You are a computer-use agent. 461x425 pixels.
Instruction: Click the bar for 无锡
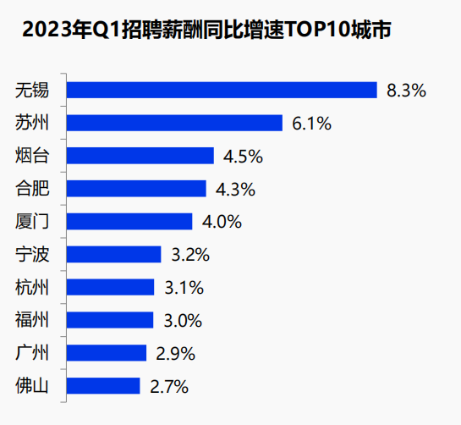point(222,90)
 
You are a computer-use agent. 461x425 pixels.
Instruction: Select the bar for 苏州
point(174,123)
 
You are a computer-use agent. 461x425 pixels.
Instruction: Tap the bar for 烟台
point(140,156)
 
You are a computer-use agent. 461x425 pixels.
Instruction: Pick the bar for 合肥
point(136,189)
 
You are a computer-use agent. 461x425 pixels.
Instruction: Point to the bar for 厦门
point(129,221)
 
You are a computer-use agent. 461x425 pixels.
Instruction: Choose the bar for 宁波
point(114,254)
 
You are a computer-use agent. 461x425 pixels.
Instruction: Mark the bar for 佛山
point(103,386)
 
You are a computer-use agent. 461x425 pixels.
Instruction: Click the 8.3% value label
point(406,91)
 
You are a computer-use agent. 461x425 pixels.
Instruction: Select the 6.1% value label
point(311,124)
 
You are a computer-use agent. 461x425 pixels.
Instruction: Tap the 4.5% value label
point(243,157)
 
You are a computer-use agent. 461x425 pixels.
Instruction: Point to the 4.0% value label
point(222,222)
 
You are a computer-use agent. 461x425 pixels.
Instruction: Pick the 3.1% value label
point(184,288)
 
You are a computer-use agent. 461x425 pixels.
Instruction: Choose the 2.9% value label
point(176,354)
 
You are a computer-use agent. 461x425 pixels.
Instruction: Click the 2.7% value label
point(169,386)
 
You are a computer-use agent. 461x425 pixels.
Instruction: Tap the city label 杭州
point(32,287)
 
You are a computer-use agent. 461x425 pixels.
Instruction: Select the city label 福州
point(32,320)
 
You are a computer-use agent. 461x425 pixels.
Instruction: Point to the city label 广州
point(32,353)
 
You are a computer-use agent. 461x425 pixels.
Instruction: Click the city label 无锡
point(32,90)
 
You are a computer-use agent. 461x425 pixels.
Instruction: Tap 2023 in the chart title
point(47,30)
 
